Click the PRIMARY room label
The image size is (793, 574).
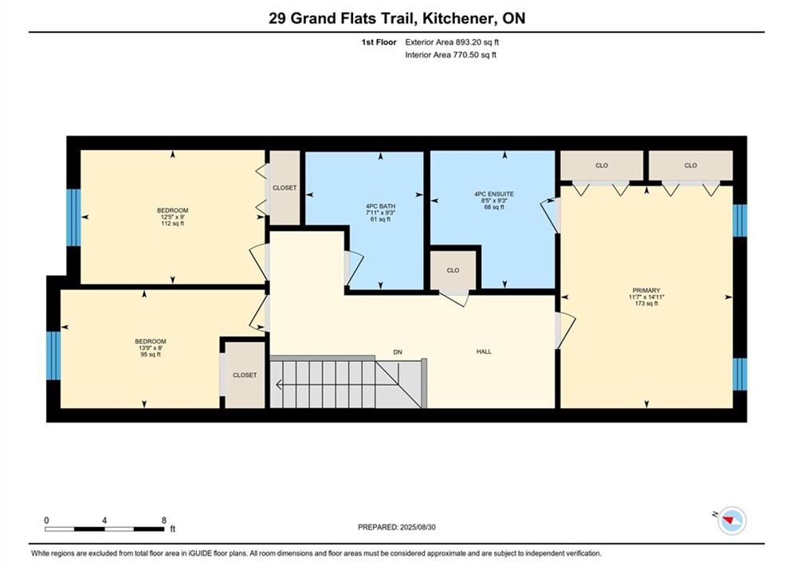646,297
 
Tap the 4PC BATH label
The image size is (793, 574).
380,213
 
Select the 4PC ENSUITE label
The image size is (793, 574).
494,200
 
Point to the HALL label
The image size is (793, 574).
484,352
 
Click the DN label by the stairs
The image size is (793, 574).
398,352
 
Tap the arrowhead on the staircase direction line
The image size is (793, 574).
279,385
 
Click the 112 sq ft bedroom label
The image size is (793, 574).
172,217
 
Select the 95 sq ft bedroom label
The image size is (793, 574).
150,348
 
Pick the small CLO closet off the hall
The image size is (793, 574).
453,270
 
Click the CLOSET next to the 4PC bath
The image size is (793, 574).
285,187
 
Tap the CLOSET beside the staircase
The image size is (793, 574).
245,375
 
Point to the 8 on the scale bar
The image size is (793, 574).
164,520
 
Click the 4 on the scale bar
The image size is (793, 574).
104,520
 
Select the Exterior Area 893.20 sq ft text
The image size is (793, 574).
452,42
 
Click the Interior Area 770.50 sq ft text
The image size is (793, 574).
450,55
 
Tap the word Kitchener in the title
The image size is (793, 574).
458,18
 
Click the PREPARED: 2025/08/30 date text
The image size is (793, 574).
397,527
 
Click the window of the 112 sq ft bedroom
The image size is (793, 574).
74,218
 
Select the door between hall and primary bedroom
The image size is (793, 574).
565,330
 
